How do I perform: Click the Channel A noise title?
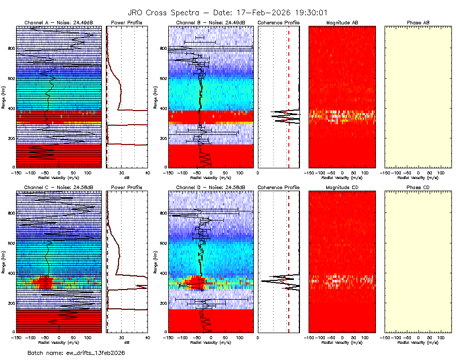point(59,23)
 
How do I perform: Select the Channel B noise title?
point(210,23)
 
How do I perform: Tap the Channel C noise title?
point(59,187)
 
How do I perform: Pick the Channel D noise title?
point(210,187)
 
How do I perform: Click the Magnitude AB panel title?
point(342,23)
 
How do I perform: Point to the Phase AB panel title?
point(418,23)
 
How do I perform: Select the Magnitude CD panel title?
point(342,187)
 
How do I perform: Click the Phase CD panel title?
point(418,187)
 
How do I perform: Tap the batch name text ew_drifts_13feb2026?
point(76,352)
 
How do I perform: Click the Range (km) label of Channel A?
point(4,97)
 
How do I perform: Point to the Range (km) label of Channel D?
point(156,261)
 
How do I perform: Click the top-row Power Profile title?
point(126,23)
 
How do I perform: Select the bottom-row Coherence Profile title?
point(278,187)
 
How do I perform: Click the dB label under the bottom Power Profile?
point(127,342)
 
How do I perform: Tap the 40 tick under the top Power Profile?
point(147,173)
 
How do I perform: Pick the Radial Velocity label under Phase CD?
point(418,342)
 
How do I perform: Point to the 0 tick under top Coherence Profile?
point(258,173)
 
